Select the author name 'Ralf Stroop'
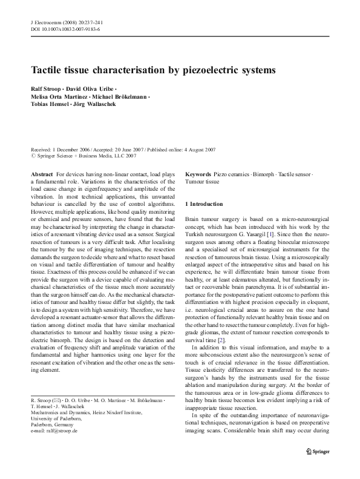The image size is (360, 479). tap(45, 89)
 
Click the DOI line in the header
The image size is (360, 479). tap(65, 29)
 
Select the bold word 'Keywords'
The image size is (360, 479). tap(198, 174)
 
